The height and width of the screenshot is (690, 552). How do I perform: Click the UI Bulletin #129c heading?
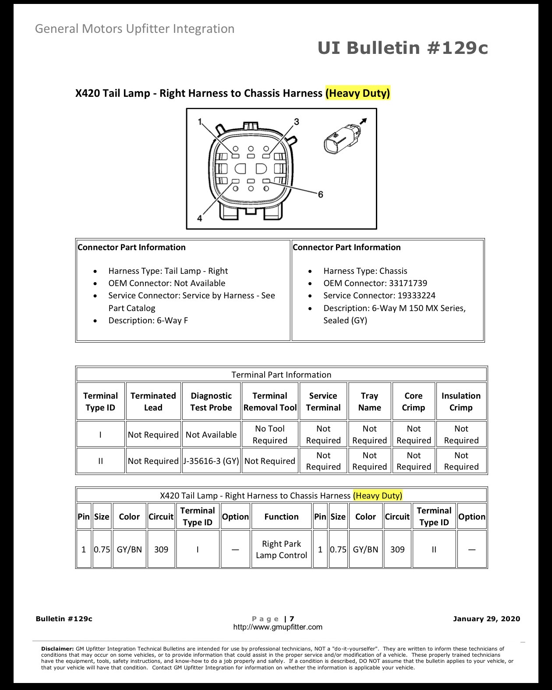(403, 48)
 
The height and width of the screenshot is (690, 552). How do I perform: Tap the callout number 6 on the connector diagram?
(320, 195)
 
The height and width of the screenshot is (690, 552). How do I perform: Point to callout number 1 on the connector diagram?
(200, 121)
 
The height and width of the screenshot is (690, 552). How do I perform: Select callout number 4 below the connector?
(199, 218)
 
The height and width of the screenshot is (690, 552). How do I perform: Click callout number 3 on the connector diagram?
(296, 122)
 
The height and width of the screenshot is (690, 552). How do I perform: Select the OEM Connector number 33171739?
(408, 283)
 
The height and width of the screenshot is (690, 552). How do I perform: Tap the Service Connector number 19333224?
(416, 295)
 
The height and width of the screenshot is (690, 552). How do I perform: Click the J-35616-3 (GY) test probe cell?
(211, 461)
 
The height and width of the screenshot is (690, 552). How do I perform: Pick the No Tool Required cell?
(270, 434)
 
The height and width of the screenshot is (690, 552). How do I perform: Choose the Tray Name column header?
(369, 401)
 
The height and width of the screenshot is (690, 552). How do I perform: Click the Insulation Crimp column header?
(461, 401)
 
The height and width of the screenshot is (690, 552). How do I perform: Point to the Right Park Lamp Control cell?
(281, 549)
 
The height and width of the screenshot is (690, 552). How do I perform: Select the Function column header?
(281, 517)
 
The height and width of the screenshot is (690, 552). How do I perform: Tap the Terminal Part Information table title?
(281, 375)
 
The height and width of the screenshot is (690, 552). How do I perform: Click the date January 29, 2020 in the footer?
(487, 619)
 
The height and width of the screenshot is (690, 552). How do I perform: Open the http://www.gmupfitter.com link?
(278, 627)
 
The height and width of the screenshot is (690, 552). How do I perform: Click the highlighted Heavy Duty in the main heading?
(357, 93)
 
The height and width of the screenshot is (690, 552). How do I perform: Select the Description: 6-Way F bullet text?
(148, 320)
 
